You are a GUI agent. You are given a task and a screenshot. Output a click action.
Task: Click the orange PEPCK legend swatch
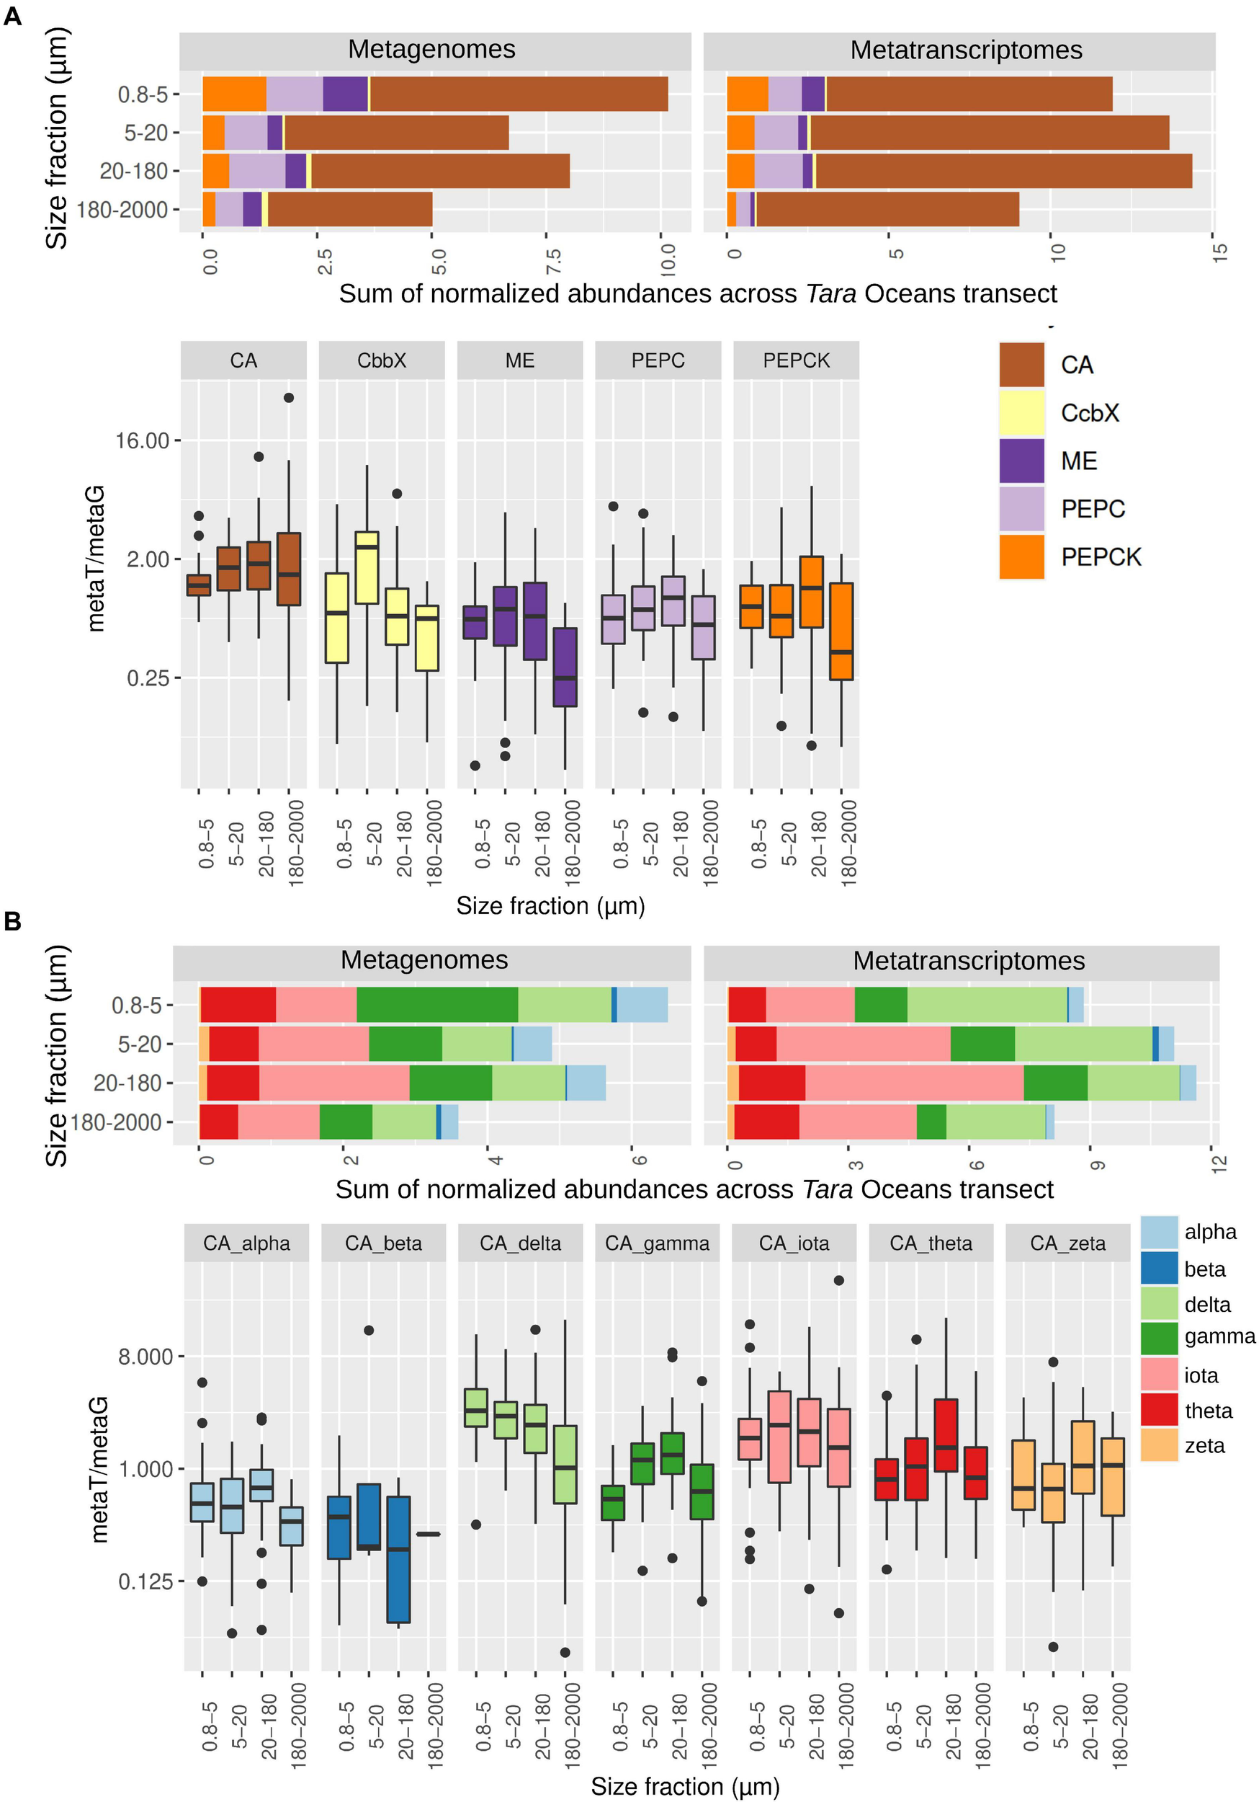[1021, 556]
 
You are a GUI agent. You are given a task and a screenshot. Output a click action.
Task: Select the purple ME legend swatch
[1021, 461]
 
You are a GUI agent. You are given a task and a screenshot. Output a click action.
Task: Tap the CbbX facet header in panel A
[381, 360]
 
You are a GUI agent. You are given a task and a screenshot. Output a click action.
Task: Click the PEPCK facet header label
[795, 360]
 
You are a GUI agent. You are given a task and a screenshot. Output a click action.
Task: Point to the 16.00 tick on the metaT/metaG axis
[143, 441]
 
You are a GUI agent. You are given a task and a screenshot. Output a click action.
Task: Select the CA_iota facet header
[794, 1243]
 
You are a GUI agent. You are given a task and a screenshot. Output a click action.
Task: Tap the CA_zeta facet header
[1067, 1243]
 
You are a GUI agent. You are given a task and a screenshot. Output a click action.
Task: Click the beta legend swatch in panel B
[1159, 1269]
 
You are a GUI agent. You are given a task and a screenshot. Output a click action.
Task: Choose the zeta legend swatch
[1159, 1445]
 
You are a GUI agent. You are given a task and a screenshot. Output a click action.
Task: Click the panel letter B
[12, 920]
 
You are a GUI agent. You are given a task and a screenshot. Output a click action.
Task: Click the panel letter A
[12, 16]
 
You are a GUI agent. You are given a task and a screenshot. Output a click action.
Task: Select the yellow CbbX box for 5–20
[367, 567]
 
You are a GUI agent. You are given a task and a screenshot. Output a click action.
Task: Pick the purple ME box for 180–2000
[565, 667]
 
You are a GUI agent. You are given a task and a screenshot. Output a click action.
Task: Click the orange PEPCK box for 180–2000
[841, 631]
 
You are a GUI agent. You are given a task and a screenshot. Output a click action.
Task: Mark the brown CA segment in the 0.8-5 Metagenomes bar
[518, 94]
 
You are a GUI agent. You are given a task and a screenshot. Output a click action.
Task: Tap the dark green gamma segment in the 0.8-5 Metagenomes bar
[437, 1005]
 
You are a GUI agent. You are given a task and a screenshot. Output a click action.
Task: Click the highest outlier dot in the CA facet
[289, 398]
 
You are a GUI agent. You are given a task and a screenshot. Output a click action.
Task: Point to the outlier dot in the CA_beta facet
[369, 1331]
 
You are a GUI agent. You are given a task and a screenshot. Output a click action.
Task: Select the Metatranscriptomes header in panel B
[969, 961]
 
